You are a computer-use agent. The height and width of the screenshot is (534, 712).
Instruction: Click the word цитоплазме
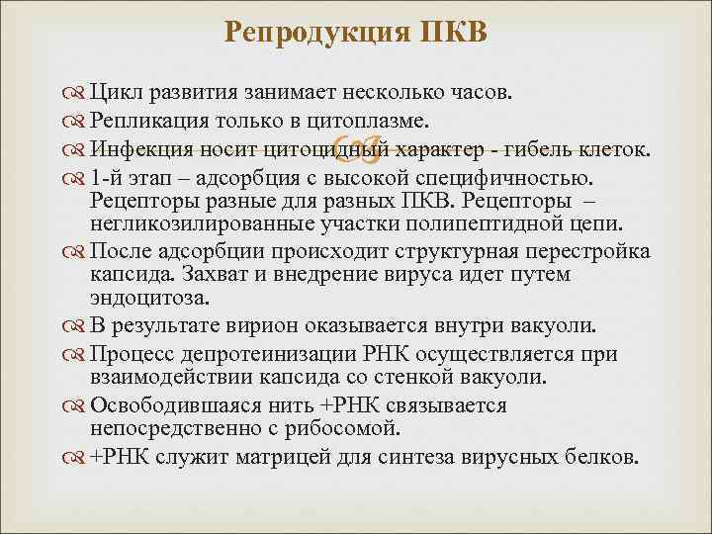coord(364,122)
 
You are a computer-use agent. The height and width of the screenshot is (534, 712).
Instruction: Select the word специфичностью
coord(514,179)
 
